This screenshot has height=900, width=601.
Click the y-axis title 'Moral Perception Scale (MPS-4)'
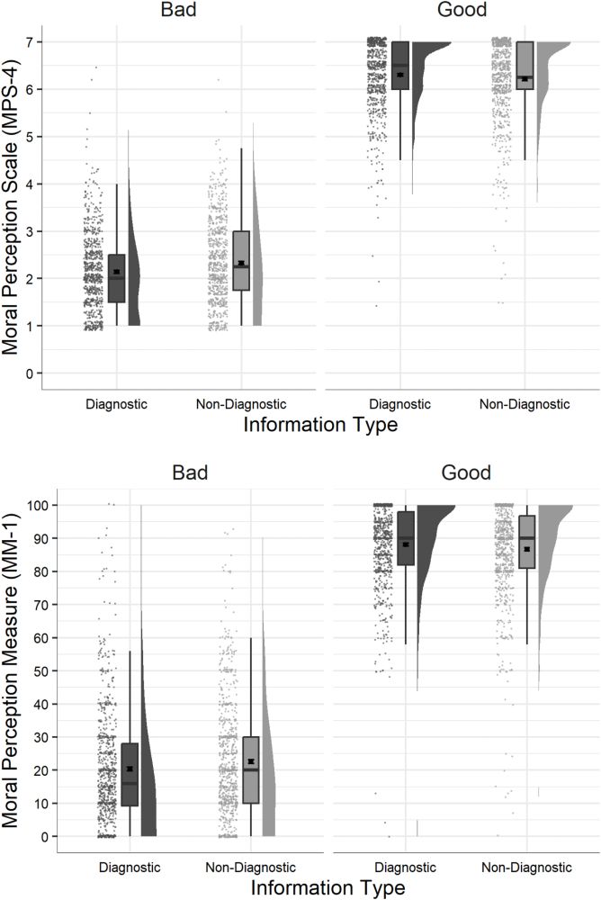tap(13, 202)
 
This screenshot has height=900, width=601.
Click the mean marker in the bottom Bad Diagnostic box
tap(130, 769)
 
